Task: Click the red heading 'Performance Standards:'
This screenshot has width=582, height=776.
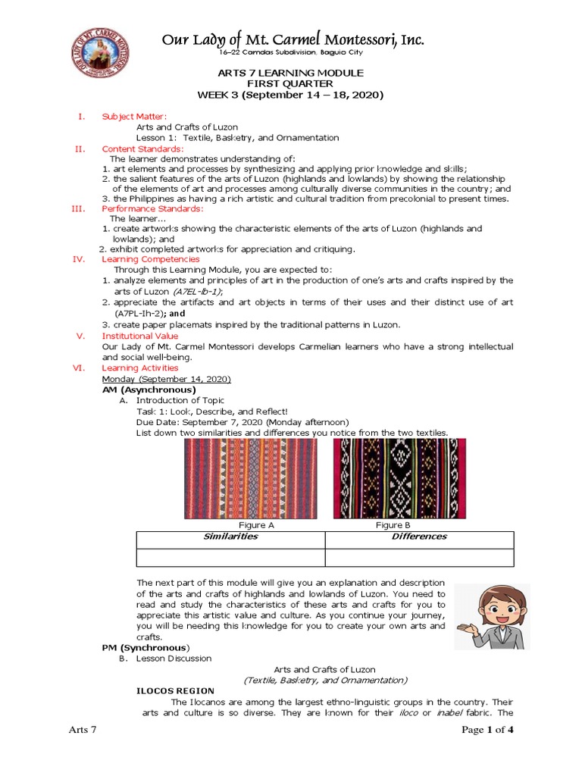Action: [152, 208]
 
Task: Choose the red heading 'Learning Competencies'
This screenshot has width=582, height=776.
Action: [151, 259]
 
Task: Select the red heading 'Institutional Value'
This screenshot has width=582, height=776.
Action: [140, 336]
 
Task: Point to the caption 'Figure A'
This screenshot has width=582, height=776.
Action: [252, 525]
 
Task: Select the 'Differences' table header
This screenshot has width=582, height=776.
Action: [418, 537]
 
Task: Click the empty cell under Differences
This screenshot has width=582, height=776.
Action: [418, 557]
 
